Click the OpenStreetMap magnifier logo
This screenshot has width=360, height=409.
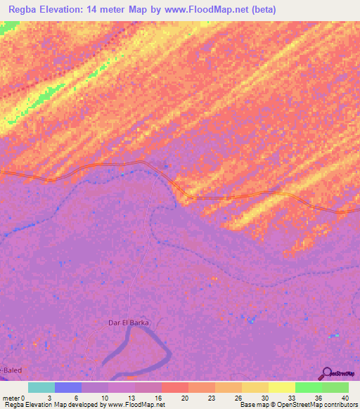coord(326,374)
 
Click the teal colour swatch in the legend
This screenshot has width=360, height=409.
coord(41,387)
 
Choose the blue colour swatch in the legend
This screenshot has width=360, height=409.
coord(68,387)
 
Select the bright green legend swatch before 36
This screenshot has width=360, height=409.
coord(308,387)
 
